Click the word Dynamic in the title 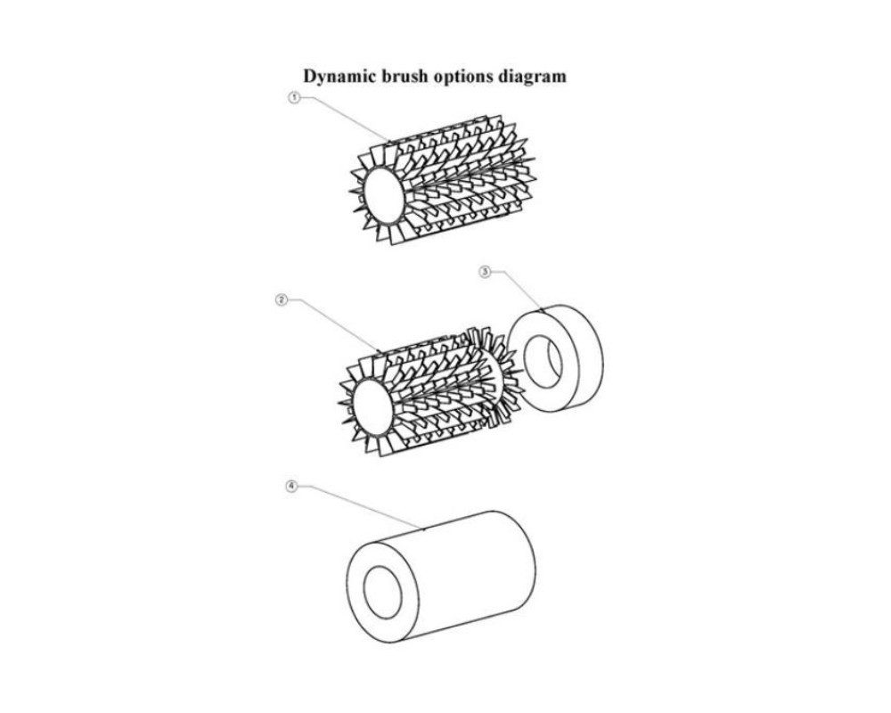336,76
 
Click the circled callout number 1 294,98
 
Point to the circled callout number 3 485,272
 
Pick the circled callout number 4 291,486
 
